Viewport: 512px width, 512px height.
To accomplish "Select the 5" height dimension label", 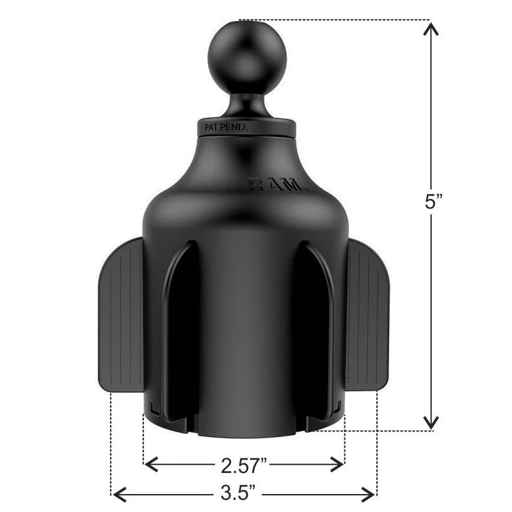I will [x=434, y=202].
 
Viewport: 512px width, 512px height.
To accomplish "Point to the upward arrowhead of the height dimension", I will [x=432, y=28].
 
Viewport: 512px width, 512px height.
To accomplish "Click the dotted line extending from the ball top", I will [x=333, y=20].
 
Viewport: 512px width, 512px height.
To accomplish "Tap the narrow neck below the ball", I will [x=239, y=102].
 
